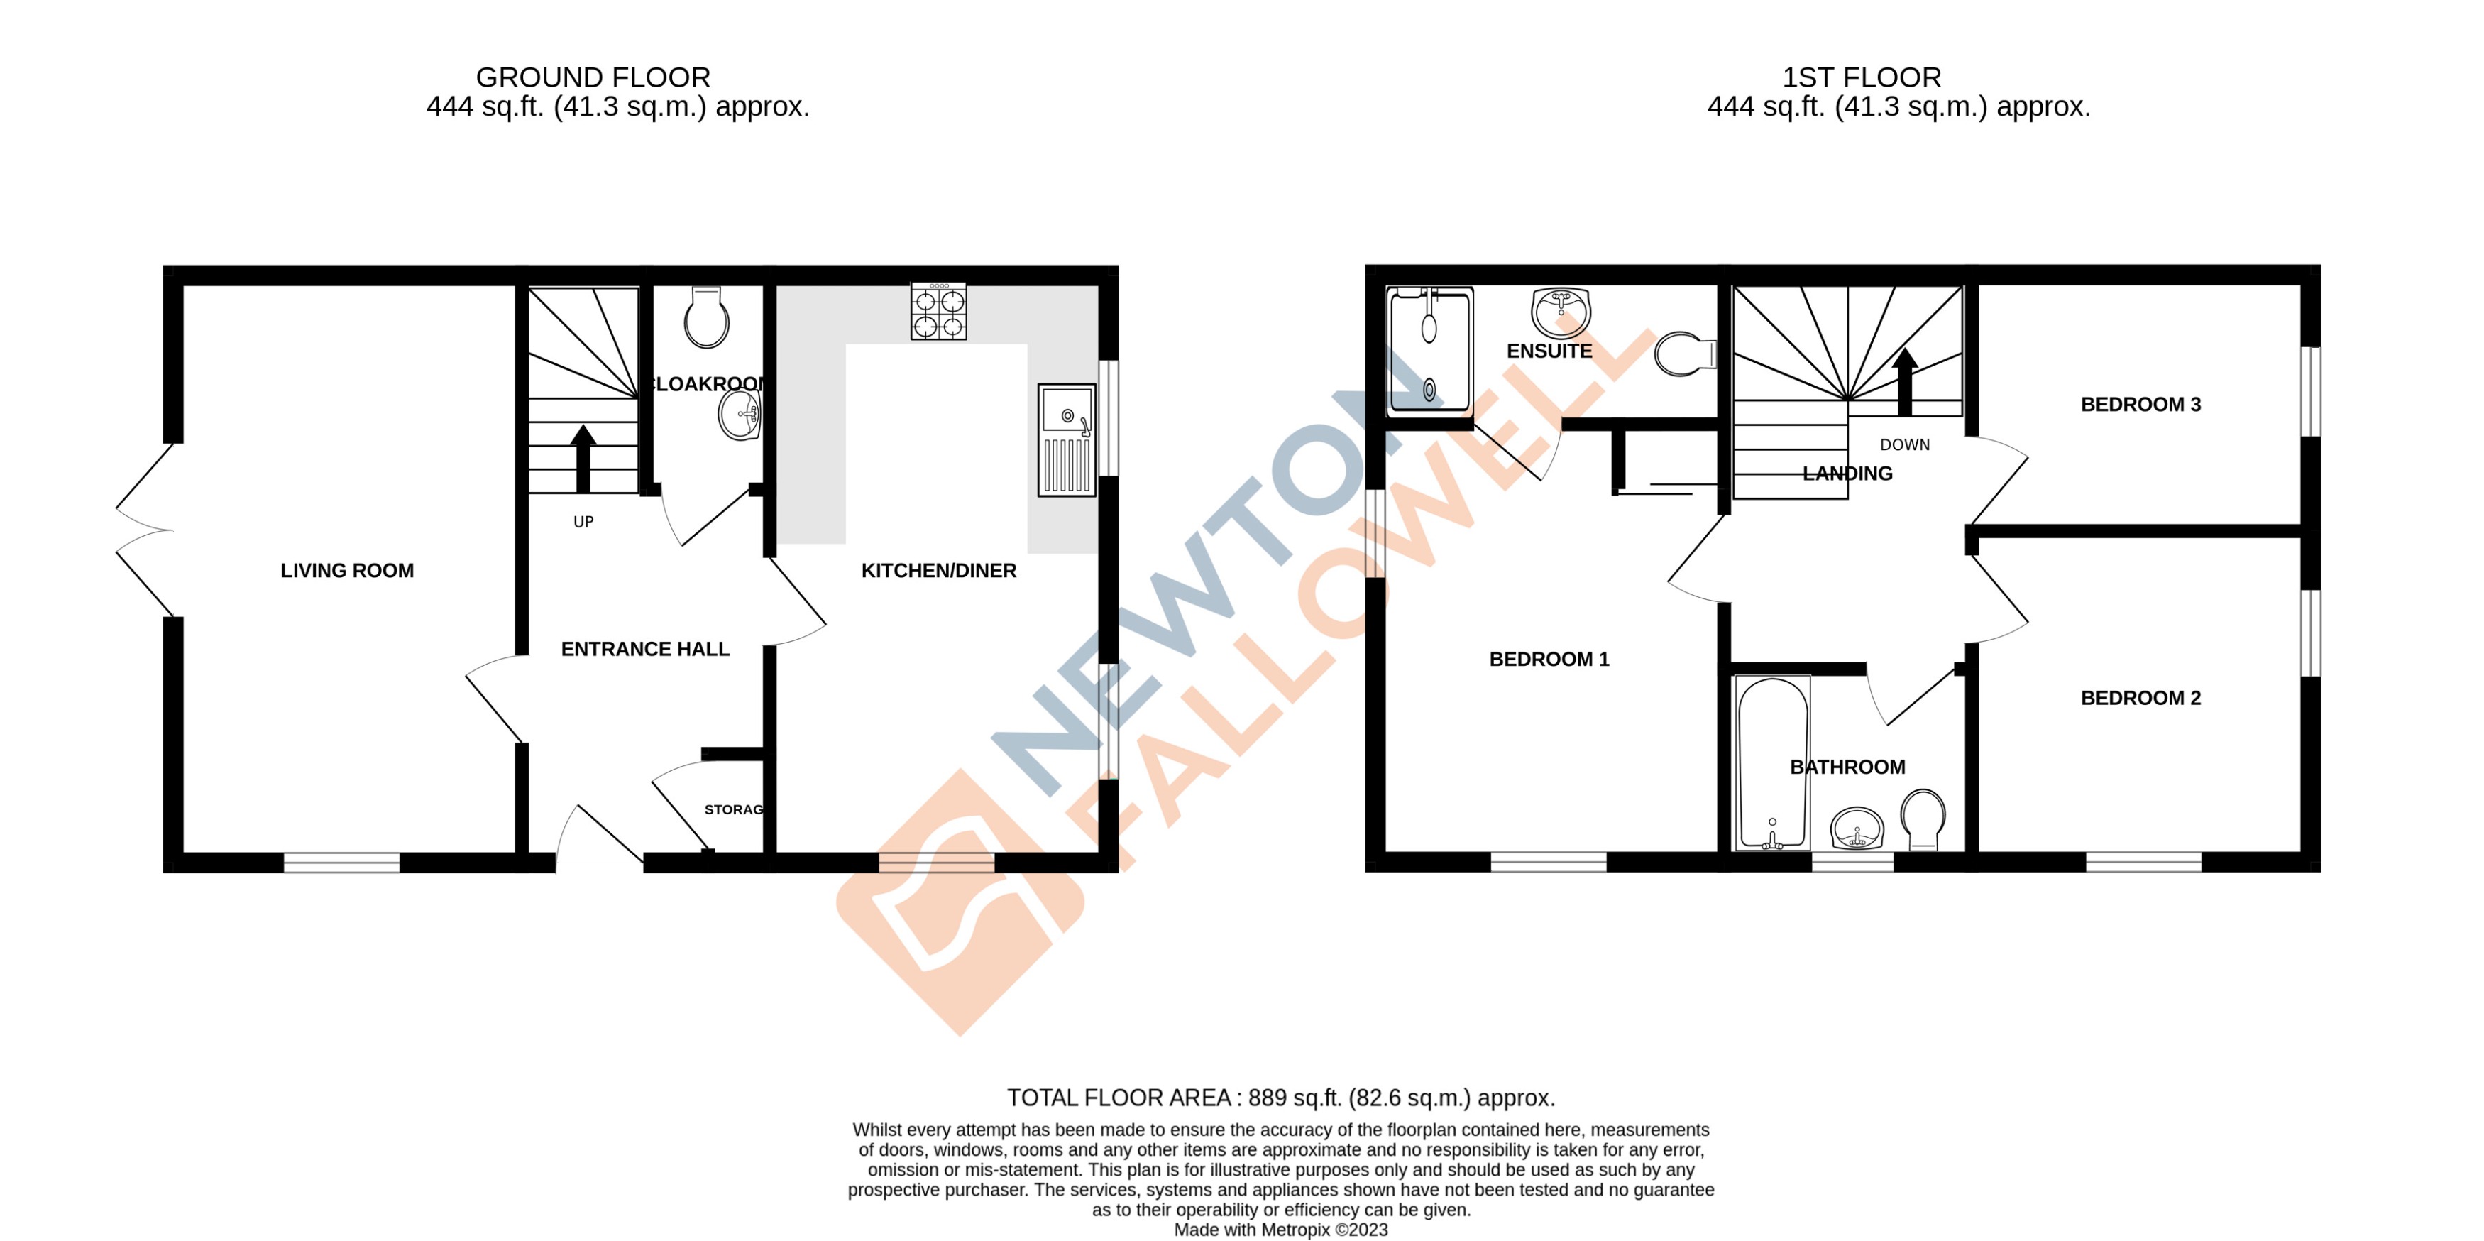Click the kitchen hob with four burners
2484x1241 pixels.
938,310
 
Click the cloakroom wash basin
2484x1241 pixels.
740,415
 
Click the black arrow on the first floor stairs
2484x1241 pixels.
1903,381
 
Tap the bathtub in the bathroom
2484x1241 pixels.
1771,762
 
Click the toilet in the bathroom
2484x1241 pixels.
1923,819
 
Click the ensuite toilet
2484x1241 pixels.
1685,354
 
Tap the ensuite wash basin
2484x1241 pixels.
1559,310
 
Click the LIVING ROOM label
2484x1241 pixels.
347,571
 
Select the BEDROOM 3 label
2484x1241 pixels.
2140,405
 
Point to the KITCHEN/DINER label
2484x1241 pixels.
938,571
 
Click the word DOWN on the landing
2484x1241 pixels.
1904,444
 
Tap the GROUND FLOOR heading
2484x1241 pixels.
593,77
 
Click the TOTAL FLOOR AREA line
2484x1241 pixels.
1280,1098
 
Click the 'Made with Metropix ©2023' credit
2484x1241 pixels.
1280,1230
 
